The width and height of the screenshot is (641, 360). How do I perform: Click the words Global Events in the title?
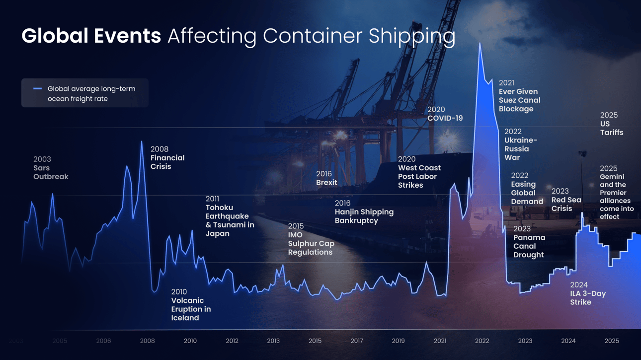(91, 36)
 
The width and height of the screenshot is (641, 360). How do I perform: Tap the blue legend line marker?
(37, 89)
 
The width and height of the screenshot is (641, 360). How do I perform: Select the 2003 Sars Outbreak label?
(50, 168)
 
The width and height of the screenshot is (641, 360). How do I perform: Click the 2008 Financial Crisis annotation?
(167, 158)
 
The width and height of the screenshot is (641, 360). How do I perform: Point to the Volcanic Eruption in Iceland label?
(191, 305)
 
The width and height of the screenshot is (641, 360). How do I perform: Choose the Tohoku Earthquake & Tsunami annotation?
(230, 216)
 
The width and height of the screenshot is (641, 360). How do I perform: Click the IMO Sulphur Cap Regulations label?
(311, 239)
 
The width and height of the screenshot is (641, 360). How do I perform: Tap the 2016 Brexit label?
(326, 178)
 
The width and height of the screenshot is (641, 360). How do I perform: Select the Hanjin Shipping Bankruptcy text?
(364, 212)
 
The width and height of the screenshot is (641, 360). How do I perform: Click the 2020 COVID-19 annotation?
(445, 114)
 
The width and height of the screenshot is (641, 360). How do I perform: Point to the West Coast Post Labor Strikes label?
(419, 172)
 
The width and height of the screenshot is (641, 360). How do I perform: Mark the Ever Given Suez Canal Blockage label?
(519, 96)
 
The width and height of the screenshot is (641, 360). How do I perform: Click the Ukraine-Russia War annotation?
(520, 144)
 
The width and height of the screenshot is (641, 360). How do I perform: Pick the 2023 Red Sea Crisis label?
(566, 200)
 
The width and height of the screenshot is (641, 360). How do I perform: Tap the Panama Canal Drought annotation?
(529, 242)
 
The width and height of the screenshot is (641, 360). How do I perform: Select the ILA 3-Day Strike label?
(587, 293)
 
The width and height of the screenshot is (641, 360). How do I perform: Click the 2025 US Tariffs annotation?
(611, 124)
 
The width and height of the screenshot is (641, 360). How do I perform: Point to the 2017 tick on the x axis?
(356, 341)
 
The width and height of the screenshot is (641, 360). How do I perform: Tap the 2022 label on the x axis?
(481, 341)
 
